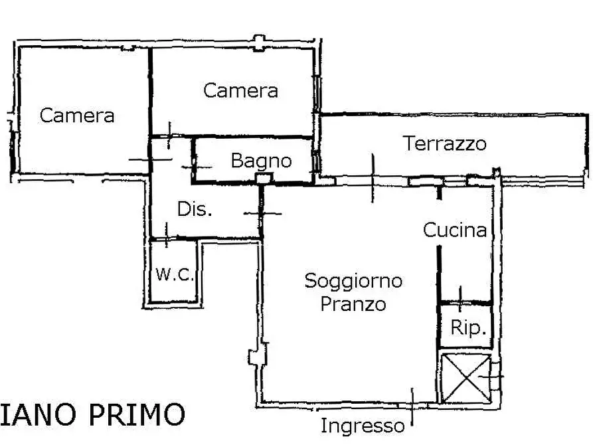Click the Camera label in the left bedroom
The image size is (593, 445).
tap(77, 116)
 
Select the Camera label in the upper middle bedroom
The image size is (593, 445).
tap(240, 90)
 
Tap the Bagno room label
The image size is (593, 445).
tap(261, 161)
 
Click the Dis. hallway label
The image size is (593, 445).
tap(195, 210)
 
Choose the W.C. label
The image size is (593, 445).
tap(174, 274)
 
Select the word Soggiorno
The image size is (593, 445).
tap(353, 281)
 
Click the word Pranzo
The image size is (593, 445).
tap(353, 304)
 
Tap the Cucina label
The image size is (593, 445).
tap(455, 230)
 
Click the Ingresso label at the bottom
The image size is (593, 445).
tap(362, 426)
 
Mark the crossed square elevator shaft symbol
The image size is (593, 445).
tap(466, 378)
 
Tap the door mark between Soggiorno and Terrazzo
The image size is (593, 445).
tap(373, 178)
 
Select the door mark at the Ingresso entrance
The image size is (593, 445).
tap(412, 406)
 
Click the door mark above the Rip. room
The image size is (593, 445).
tap(461, 295)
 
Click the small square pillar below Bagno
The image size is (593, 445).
tap(264, 179)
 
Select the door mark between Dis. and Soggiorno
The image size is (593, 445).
tap(262, 213)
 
